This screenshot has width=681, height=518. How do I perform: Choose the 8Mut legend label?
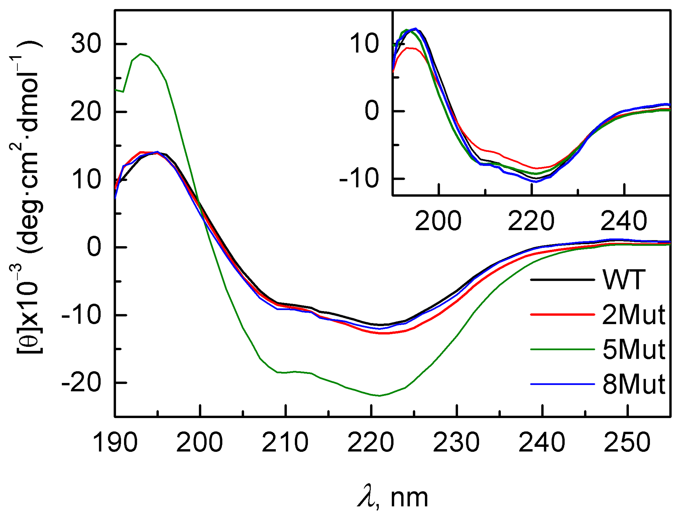[633, 384]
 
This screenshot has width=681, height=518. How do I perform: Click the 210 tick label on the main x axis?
[285, 443]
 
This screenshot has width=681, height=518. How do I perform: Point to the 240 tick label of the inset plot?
[624, 221]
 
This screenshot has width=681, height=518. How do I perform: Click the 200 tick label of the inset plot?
[438, 221]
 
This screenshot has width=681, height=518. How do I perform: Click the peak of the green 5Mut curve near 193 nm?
[141, 54]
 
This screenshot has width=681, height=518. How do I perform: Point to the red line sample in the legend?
[562, 315]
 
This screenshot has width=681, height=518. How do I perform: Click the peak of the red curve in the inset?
[408, 48]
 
